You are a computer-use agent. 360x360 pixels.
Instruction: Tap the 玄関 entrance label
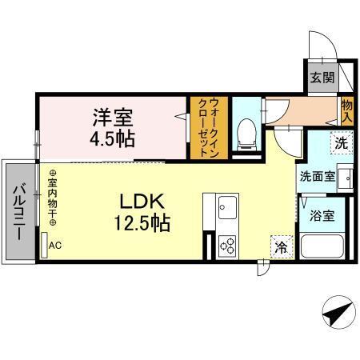click(322, 78)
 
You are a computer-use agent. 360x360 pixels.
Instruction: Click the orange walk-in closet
click(199, 127)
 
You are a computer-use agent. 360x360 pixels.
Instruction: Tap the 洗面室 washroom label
click(318, 177)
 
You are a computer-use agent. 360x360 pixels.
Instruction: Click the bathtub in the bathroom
click(322, 246)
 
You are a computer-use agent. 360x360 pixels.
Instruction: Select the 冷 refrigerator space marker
click(280, 247)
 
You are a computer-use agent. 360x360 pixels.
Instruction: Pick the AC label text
click(54, 246)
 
